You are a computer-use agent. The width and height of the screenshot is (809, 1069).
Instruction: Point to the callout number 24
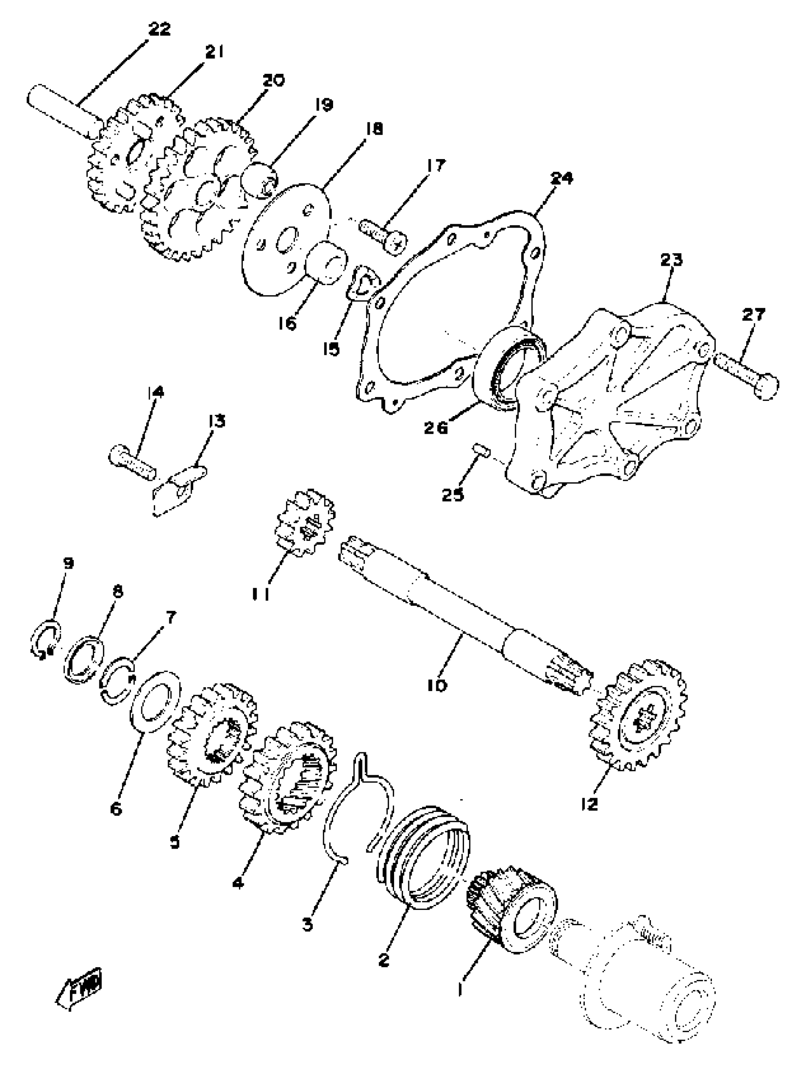pos(561,179)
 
